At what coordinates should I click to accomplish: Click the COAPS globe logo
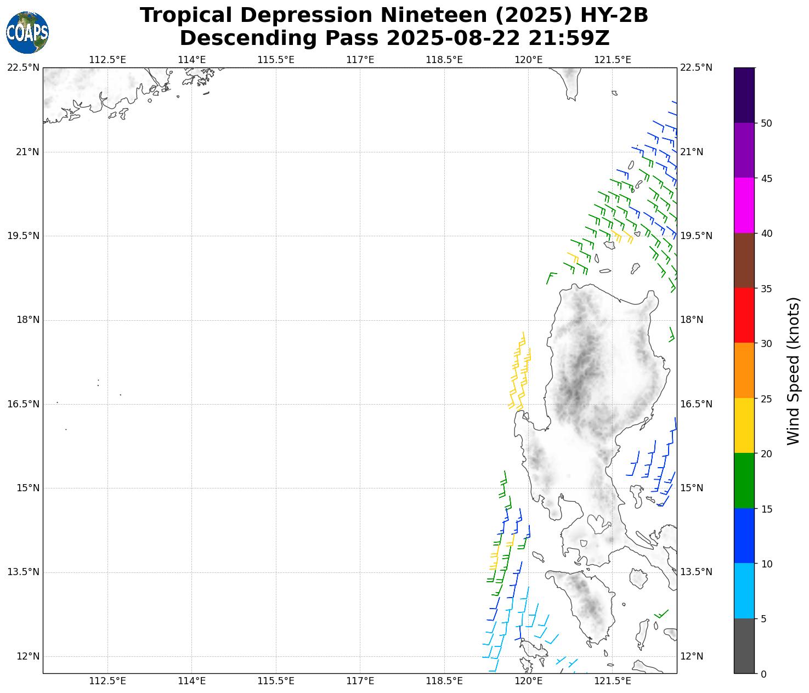[x=27, y=33]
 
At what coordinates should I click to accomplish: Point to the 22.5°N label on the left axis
[x=23, y=67]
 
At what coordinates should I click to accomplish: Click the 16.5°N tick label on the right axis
[x=696, y=404]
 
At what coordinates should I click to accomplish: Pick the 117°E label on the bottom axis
[x=360, y=681]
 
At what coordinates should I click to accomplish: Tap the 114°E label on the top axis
[x=192, y=59]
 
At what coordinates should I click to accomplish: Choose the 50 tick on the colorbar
[x=766, y=123]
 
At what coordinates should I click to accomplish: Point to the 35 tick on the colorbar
[x=766, y=288]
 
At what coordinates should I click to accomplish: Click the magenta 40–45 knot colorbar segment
[x=744, y=205]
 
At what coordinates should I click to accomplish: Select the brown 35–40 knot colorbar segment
[x=744, y=260]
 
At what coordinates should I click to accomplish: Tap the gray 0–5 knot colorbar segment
[x=744, y=646]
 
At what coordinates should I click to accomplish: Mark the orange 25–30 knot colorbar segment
[x=744, y=371]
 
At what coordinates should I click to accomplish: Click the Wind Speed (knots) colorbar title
[x=793, y=371]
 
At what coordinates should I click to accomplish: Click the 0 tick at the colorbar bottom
[x=763, y=674]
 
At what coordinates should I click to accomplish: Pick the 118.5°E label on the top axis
[x=444, y=59]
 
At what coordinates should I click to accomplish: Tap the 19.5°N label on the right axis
[x=696, y=236]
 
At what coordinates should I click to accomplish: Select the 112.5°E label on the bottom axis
[x=108, y=681]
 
